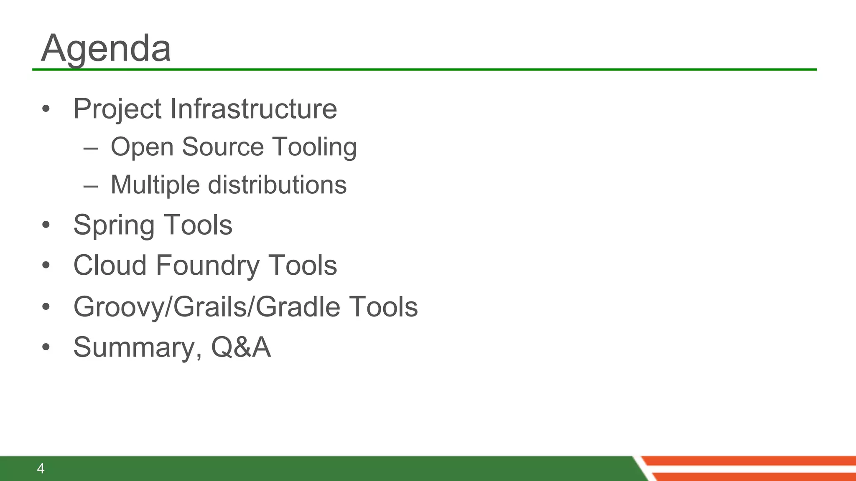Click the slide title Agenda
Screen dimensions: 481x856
[x=106, y=48]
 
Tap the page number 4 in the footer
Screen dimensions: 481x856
[x=41, y=468]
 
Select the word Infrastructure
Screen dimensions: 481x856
[x=253, y=109]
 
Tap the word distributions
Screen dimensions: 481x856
[x=277, y=185]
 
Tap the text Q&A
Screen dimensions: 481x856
[x=241, y=347]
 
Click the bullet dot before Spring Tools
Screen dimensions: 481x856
[x=46, y=225]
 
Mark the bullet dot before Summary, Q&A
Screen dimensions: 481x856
[x=46, y=347]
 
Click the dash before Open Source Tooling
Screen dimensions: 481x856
[x=91, y=148]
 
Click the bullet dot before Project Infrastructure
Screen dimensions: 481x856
[x=46, y=109]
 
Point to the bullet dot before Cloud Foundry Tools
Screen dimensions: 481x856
[x=46, y=265]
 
